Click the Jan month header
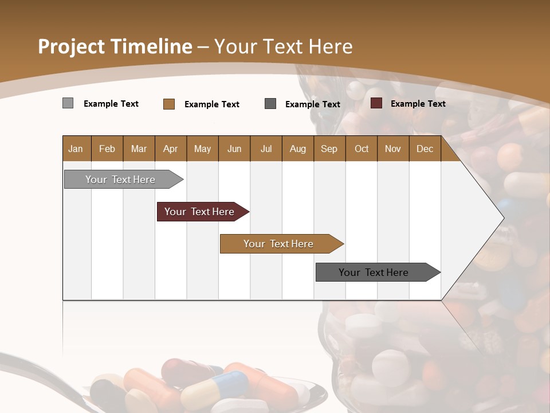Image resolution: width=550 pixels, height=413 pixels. click(76, 149)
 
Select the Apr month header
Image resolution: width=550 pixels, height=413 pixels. click(171, 149)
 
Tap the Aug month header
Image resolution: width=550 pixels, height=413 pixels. click(297, 149)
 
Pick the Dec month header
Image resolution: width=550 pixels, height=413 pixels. click(425, 149)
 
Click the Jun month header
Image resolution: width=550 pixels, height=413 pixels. click(234, 149)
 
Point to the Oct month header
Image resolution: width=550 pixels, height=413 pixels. click(361, 149)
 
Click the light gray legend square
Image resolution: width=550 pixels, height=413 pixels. click(68, 103)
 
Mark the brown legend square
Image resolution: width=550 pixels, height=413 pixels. click(168, 104)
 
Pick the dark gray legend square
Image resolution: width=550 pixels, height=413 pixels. click(270, 104)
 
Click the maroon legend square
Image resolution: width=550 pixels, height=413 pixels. click(376, 103)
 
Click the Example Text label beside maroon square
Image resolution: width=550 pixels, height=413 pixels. click(418, 104)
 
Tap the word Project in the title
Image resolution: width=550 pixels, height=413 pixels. click(70, 46)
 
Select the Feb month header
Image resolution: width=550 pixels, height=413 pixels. click(107, 149)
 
